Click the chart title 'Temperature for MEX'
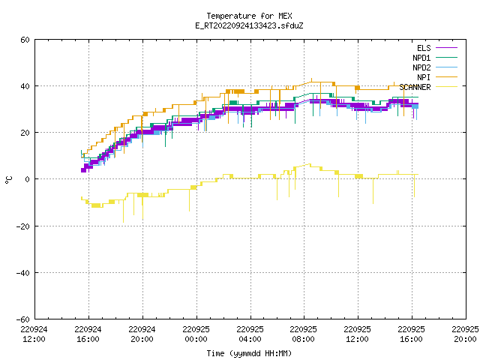(249, 16)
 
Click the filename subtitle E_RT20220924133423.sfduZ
(249, 25)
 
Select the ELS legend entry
(424, 48)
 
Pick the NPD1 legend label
(421, 58)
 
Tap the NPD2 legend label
(421, 67)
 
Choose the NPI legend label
(424, 77)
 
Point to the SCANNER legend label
(415, 87)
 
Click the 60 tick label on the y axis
(25, 40)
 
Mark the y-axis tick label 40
(25, 86)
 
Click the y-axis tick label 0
(28, 179)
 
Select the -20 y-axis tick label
(23, 226)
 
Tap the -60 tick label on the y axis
(23, 319)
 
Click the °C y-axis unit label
(8, 180)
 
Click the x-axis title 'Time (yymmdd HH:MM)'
(249, 353)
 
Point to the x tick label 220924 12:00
(34, 334)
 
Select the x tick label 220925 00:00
(196, 334)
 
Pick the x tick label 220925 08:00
(303, 334)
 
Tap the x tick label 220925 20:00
(465, 334)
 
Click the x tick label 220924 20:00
(142, 334)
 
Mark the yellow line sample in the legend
(446, 87)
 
